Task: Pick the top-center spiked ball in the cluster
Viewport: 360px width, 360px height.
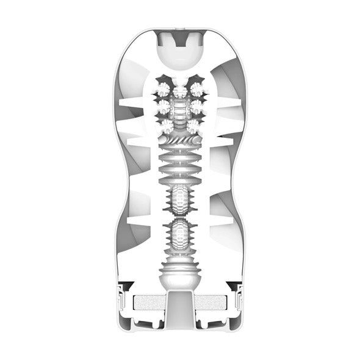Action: tap(179, 92)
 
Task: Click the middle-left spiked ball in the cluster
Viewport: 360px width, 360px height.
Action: tap(164, 107)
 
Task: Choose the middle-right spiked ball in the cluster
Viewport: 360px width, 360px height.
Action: tap(196, 107)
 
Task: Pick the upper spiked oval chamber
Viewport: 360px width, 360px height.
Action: tap(179, 201)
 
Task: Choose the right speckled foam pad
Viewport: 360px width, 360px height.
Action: tap(212, 303)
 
